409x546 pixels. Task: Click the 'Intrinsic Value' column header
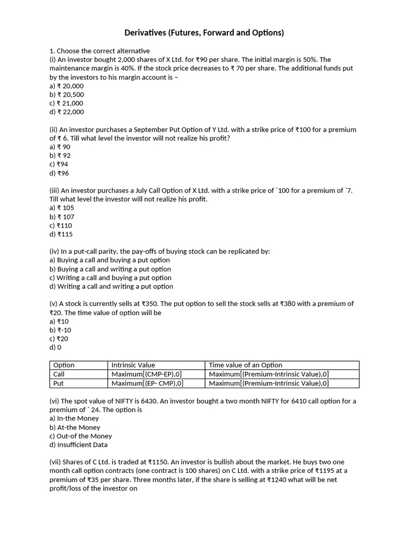pyautogui.click(x=133, y=365)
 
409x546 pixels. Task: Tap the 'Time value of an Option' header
pyautogui.click(x=246, y=365)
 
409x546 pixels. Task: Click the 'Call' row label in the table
pyautogui.click(x=60, y=374)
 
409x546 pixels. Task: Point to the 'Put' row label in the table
pyautogui.click(x=59, y=383)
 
